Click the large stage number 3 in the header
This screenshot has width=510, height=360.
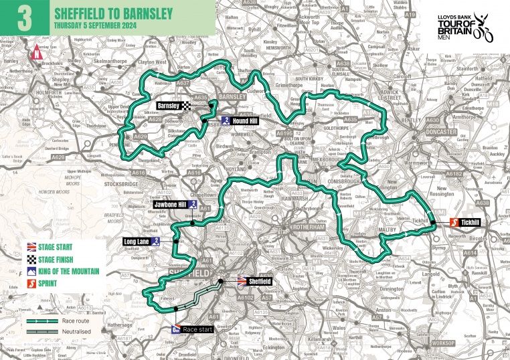pos(25,18)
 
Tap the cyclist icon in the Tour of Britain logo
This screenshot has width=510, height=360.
pos(483,30)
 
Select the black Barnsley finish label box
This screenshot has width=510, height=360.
pos(171,106)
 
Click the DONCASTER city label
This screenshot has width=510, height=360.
pos(441,132)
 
